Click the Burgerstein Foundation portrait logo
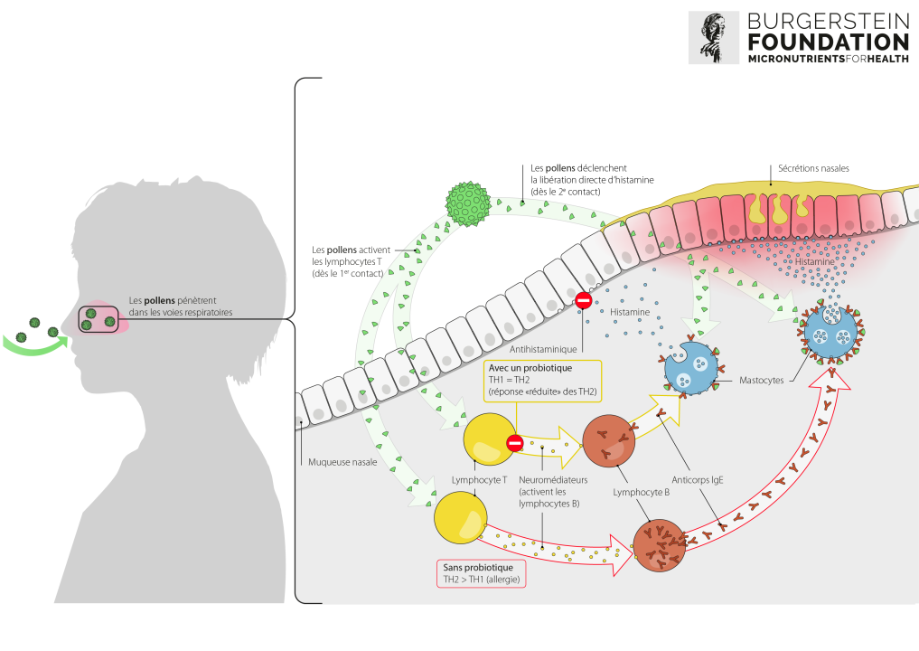click(713, 37)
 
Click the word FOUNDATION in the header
click(827, 42)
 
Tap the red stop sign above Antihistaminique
click(584, 300)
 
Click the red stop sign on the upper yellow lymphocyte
click(515, 443)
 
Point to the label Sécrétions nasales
click(812, 167)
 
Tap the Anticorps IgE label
click(702, 480)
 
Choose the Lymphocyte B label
click(641, 493)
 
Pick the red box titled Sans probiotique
click(480, 571)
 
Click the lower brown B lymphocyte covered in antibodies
click(661, 545)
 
